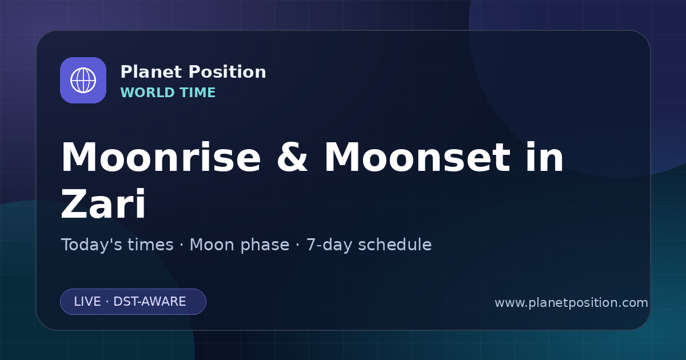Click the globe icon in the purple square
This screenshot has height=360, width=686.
[83, 80]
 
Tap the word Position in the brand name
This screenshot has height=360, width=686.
[228, 72]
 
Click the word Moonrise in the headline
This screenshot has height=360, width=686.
[161, 157]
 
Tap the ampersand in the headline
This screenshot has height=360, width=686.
[292, 157]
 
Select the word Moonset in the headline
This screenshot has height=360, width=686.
[417, 157]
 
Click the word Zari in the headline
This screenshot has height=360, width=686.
[103, 204]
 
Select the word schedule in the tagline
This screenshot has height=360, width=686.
[395, 245]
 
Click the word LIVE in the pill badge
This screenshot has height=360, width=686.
[87, 302]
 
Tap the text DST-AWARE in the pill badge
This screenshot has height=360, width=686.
[149, 302]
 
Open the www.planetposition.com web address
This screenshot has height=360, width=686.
[572, 303]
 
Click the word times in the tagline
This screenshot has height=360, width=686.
[150, 245]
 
